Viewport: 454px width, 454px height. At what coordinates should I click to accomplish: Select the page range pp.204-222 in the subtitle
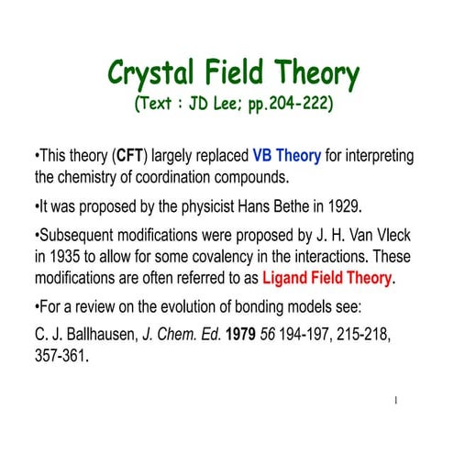[285, 102]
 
